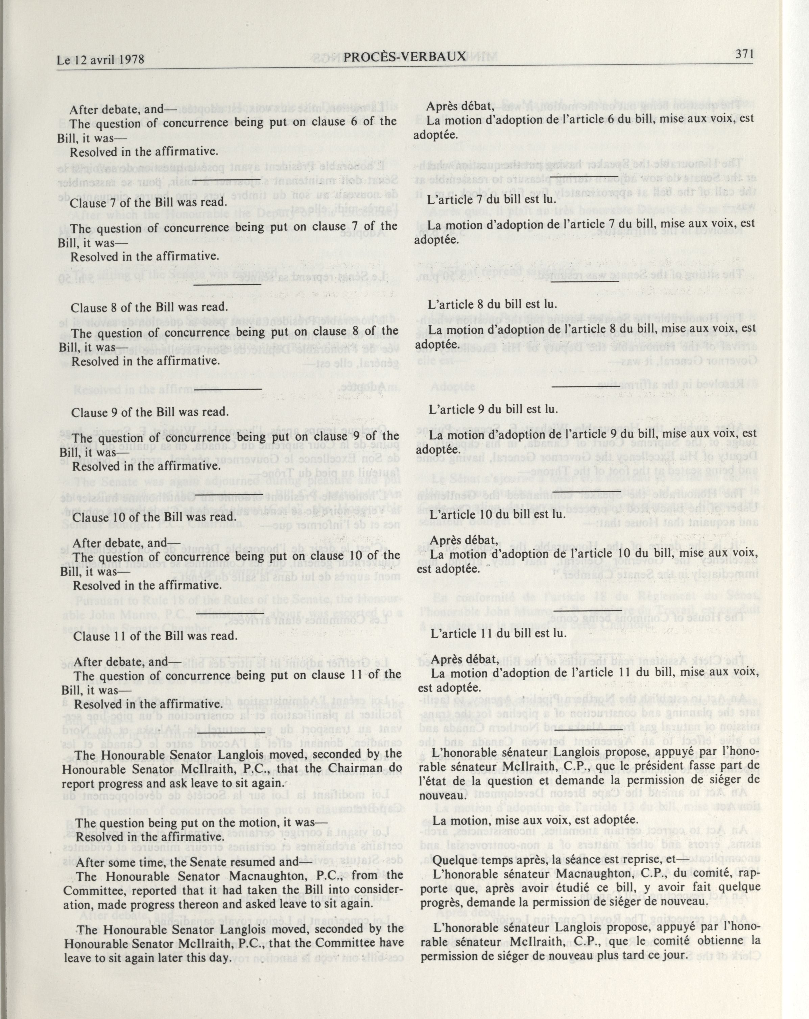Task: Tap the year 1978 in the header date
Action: pos(128,60)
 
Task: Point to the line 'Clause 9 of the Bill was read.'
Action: pos(150,412)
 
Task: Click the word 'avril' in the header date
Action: pos(98,60)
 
